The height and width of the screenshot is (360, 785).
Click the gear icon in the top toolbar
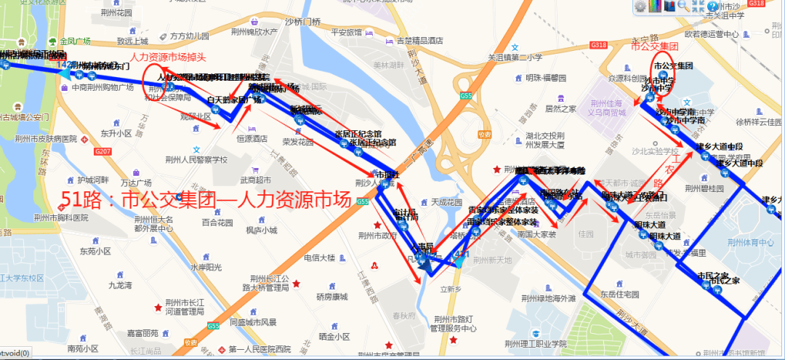[640, 7]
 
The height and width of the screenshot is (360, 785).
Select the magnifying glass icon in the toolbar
[683, 7]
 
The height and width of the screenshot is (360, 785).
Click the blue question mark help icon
[711, 7]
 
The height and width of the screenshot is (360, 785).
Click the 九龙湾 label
[119, 285]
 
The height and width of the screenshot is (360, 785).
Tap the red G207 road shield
[102, 151]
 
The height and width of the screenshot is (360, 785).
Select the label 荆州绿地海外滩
[549, 298]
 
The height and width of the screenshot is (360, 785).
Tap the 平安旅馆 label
[346, 32]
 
